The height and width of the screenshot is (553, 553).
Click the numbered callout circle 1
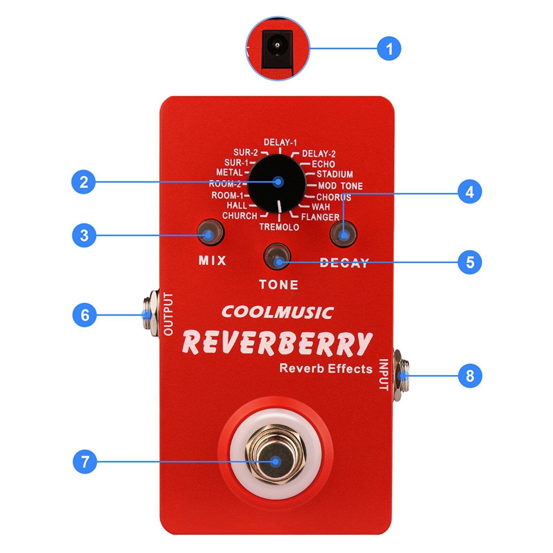tap(389, 48)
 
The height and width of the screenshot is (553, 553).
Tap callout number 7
tap(85, 461)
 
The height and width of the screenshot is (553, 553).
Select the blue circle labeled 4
tap(470, 191)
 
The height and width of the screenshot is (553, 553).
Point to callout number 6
tap(85, 315)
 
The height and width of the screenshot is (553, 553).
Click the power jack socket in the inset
tap(277, 48)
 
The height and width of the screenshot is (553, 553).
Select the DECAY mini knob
tap(343, 233)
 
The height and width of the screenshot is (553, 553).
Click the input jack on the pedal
tap(401, 375)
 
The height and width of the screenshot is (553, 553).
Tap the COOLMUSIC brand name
tap(277, 312)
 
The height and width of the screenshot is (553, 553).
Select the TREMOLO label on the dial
tap(279, 227)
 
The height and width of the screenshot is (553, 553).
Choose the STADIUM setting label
tap(335, 174)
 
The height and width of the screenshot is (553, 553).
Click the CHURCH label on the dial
tap(240, 216)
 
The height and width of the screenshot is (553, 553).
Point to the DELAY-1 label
tap(280, 142)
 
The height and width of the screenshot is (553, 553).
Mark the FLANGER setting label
tap(320, 217)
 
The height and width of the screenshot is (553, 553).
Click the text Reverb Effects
tap(326, 368)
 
